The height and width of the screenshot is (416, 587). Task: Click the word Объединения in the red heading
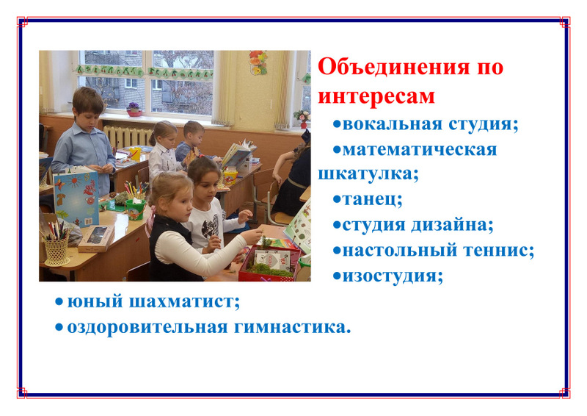click(x=393, y=68)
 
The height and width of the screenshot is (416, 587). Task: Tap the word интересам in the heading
click(x=376, y=96)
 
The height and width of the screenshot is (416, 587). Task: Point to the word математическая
click(x=420, y=150)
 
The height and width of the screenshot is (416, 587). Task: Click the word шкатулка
click(x=365, y=174)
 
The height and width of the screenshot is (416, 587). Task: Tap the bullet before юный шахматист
click(x=59, y=302)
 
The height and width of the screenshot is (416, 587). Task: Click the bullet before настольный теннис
click(x=338, y=251)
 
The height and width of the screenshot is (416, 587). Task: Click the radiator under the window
click(x=127, y=137)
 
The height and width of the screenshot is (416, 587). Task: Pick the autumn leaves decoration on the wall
click(x=258, y=62)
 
